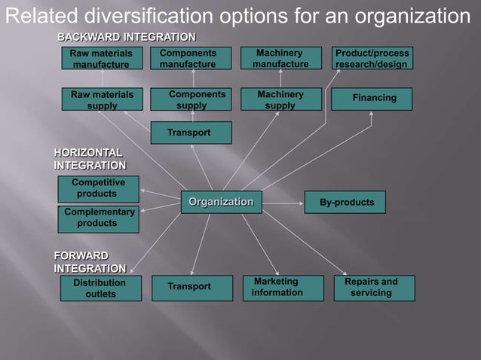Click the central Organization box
point(221,202)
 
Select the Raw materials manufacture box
point(101,59)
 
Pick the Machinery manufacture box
point(280,59)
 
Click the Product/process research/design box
point(372,59)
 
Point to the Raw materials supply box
point(102,100)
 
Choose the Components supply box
point(191,100)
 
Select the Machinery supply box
point(280,100)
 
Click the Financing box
point(374,99)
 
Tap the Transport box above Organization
point(191,133)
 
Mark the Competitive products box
point(97,188)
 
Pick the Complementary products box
point(97,218)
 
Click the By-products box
point(345,203)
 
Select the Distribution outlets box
point(100,288)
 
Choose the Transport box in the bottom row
point(191,288)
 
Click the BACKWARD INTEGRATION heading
point(127,37)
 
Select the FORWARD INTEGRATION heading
point(90,261)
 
